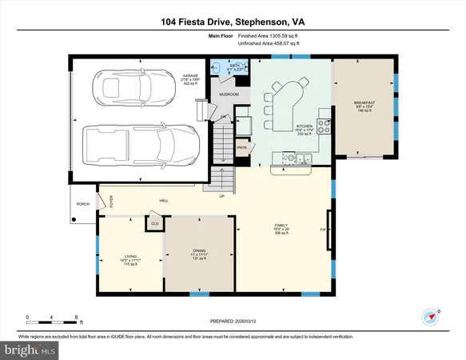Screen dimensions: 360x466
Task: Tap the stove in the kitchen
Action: tap(324, 124)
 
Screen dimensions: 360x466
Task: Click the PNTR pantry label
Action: tap(242, 148)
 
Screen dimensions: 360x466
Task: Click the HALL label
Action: tap(163, 201)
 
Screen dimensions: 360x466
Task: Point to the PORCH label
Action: tap(82, 203)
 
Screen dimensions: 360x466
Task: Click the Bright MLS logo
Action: tap(30, 350)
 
